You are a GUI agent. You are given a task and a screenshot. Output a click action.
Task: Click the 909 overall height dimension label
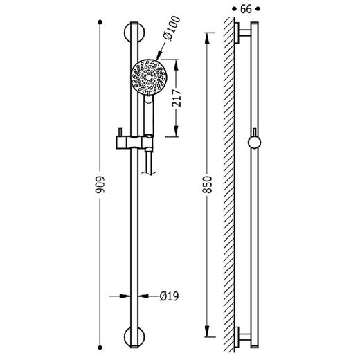point(100,185)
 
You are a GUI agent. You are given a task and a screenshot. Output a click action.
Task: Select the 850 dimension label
point(207,185)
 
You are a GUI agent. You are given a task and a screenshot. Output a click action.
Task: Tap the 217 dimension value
point(177,98)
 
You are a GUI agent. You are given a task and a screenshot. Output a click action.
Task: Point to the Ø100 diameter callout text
point(171,28)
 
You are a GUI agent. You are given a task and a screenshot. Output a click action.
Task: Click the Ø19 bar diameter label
point(170,296)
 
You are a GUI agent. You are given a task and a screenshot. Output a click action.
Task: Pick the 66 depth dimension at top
point(246,9)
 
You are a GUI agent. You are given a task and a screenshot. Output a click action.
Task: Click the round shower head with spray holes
point(149,77)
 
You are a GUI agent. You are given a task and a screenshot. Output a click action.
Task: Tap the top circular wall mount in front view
point(134,33)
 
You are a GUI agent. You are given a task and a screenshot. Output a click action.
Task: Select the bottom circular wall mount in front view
point(134,336)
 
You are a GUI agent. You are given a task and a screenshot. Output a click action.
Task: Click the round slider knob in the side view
point(254,143)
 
